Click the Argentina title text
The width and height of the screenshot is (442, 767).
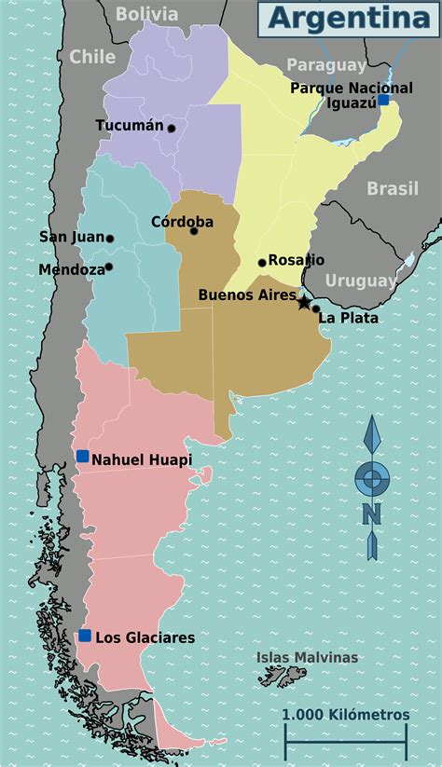point(344,18)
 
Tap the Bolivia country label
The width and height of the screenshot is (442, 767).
point(146,13)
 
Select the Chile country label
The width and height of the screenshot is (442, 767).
point(92,57)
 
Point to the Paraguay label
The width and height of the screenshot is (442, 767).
point(326,64)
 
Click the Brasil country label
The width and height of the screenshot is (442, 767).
point(392,188)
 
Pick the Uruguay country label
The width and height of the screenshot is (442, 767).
point(361,280)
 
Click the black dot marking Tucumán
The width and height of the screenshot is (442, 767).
point(171,128)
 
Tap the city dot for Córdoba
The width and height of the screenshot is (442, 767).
point(194,230)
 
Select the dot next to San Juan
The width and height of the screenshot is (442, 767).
point(110,239)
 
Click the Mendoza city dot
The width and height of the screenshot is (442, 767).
point(109,267)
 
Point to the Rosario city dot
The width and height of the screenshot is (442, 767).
point(262,262)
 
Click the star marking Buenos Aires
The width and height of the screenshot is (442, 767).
point(303,302)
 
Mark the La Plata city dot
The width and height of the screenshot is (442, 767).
point(316,308)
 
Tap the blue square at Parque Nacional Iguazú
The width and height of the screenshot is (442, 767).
point(382,100)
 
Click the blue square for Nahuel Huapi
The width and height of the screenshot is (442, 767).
point(83,456)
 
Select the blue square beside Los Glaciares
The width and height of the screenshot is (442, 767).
point(85,636)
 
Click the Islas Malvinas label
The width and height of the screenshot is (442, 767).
point(307,657)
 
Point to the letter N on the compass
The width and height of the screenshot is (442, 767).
point(372,514)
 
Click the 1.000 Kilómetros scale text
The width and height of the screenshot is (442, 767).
point(346,714)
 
